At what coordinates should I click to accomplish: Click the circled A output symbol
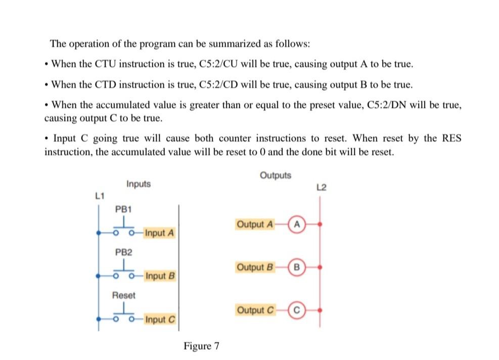pyautogui.click(x=297, y=223)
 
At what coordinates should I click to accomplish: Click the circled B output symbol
pyautogui.click(x=297, y=266)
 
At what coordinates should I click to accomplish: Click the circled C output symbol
pyautogui.click(x=297, y=309)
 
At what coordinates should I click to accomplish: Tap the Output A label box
pyautogui.click(x=255, y=223)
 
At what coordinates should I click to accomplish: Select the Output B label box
pyautogui.click(x=255, y=266)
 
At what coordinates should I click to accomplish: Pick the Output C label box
pyautogui.click(x=255, y=309)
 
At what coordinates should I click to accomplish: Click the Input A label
pyautogui.click(x=159, y=233)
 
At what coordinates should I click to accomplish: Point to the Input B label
pyautogui.click(x=160, y=276)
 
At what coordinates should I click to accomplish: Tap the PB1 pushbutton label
pyautogui.click(x=123, y=208)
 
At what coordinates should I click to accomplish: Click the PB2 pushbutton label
pyautogui.click(x=123, y=251)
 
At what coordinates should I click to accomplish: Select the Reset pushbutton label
pyautogui.click(x=124, y=295)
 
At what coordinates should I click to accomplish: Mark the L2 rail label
pyautogui.click(x=321, y=188)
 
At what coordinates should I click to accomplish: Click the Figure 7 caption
pyautogui.click(x=201, y=346)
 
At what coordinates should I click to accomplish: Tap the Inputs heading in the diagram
pyautogui.click(x=139, y=184)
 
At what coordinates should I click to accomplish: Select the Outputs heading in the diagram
pyautogui.click(x=276, y=175)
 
